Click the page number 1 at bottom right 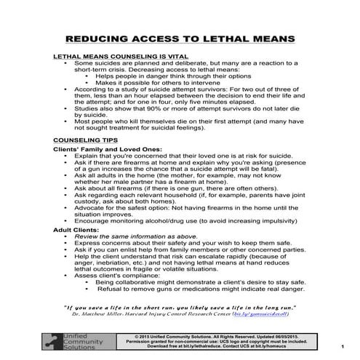tap(342, 348)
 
